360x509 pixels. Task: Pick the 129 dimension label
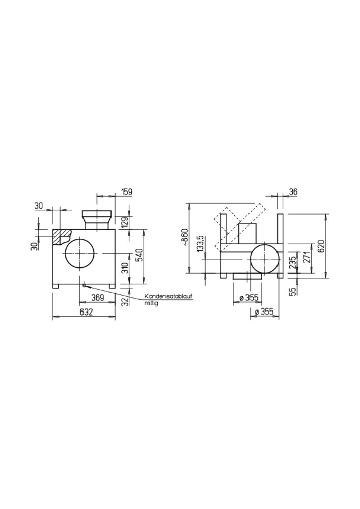pos(126,223)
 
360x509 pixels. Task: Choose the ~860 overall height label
pos(185,237)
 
